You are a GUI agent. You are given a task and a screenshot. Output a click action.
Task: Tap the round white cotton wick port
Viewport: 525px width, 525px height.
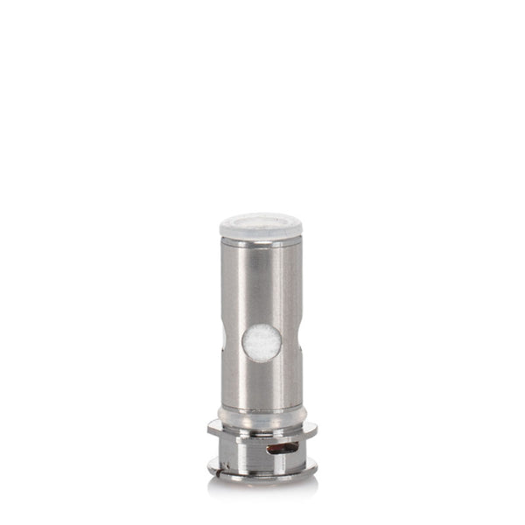pyautogui.click(x=262, y=342)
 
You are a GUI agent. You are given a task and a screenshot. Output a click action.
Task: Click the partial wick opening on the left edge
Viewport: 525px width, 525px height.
pyautogui.click(x=223, y=340)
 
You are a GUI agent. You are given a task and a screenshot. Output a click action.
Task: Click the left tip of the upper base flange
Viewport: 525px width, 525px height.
pyautogui.click(x=210, y=429)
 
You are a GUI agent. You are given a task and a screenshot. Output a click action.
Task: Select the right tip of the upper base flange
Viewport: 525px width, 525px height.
pyautogui.click(x=313, y=429)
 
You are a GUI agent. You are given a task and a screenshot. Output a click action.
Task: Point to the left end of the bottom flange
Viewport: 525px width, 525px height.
pyautogui.click(x=211, y=469)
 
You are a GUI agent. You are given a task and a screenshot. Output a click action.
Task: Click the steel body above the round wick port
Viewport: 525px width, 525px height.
pyautogui.click(x=262, y=280)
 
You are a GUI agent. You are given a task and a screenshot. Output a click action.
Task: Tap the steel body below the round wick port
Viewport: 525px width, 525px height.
pyautogui.click(x=262, y=385)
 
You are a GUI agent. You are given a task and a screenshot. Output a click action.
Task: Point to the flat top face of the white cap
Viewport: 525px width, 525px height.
pyautogui.click(x=261, y=219)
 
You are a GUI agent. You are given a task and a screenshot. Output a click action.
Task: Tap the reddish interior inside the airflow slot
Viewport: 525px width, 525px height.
pyautogui.click(x=281, y=450)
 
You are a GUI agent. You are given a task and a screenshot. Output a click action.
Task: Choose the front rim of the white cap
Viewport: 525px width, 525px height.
pyautogui.click(x=261, y=234)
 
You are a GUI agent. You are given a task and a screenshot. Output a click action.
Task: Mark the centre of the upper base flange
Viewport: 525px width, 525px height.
pyautogui.click(x=262, y=430)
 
